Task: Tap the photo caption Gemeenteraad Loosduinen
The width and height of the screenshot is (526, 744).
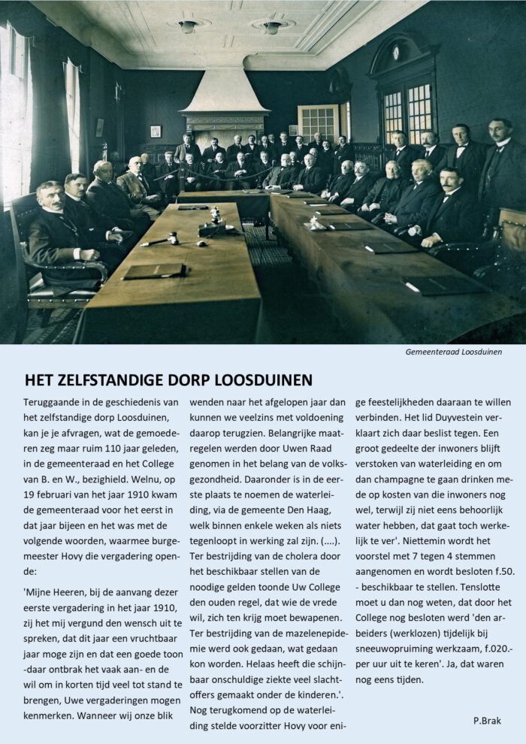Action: [453, 351]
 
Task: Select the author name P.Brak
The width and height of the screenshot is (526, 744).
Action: [488, 720]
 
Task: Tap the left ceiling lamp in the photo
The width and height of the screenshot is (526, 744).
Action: [188, 26]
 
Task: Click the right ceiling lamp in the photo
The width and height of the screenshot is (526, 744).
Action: [273, 27]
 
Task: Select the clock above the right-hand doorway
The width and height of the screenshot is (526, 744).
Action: [395, 53]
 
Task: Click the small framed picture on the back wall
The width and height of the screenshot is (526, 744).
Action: [156, 132]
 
